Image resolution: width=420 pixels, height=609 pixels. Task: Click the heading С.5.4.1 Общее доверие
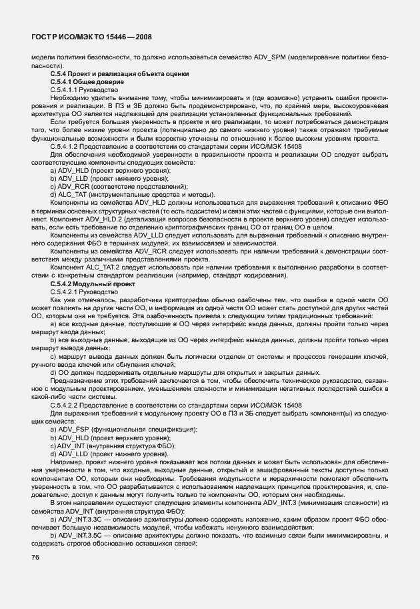coord(83,81)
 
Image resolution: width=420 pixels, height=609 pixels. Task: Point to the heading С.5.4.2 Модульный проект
coord(87,284)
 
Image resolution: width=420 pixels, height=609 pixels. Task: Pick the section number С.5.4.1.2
coord(64,145)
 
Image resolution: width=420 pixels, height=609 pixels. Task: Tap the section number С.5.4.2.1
coord(64,292)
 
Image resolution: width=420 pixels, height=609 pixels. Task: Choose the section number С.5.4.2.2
coord(64,405)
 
